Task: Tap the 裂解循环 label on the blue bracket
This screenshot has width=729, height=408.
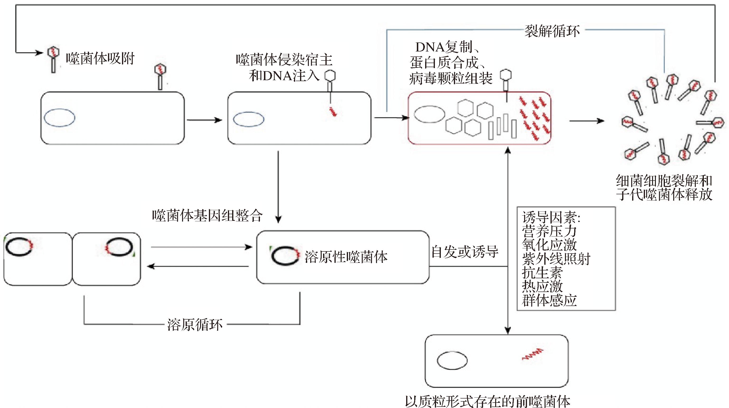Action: [x=552, y=31]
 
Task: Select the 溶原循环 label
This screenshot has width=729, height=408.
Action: [x=195, y=324]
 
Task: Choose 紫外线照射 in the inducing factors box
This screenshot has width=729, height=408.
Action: [x=556, y=259]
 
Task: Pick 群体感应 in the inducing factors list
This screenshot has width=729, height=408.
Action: [x=549, y=300]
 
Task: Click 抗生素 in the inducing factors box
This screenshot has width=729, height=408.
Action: [x=542, y=273]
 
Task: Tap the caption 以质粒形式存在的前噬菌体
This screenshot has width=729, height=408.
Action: [x=487, y=401]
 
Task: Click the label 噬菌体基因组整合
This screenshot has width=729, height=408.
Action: [x=207, y=216]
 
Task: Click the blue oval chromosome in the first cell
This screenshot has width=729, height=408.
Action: [x=59, y=118]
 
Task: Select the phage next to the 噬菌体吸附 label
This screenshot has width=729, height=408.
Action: [x=53, y=59]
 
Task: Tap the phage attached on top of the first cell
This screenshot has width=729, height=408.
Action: [x=160, y=76]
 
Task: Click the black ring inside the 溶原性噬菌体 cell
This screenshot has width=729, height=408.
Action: [x=284, y=255]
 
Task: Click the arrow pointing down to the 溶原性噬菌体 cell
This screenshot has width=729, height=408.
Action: [x=278, y=187]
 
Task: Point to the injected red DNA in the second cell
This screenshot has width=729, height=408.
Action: [x=333, y=111]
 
